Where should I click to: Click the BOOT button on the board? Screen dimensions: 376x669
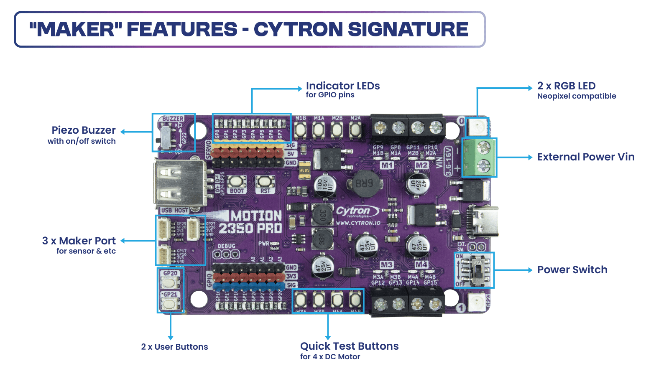(x=237, y=182)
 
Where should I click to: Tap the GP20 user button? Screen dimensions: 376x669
(x=170, y=282)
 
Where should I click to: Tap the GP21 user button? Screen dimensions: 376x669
(x=170, y=304)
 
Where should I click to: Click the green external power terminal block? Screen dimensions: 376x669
(x=480, y=158)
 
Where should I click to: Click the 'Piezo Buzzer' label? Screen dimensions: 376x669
(x=83, y=130)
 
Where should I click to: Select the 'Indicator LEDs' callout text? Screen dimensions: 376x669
(x=342, y=86)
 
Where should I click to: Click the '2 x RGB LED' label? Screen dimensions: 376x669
(x=566, y=86)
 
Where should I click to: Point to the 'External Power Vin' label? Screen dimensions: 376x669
(x=585, y=157)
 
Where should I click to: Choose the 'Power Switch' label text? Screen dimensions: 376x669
(x=572, y=270)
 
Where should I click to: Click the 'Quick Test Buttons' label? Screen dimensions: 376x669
(x=349, y=346)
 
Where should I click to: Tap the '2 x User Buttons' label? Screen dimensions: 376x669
(x=174, y=347)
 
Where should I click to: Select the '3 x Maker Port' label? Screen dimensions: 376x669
(x=79, y=241)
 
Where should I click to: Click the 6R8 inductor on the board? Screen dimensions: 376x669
(x=364, y=183)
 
